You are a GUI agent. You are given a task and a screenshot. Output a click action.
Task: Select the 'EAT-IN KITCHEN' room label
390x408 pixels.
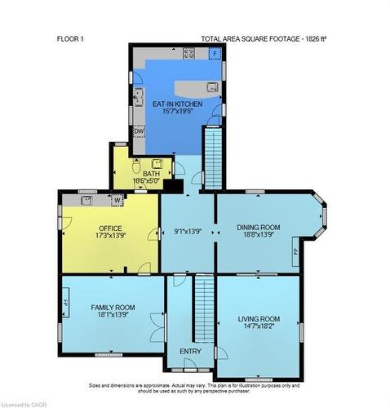click(175, 104)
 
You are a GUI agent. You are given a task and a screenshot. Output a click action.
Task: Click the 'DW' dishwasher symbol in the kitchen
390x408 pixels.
click(139, 131)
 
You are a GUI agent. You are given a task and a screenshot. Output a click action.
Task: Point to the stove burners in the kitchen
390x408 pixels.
click(188, 54)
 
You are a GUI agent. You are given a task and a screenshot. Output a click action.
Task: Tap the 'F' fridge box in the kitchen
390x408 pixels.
click(215, 54)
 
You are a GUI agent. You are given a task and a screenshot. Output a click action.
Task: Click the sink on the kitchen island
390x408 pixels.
click(211, 86)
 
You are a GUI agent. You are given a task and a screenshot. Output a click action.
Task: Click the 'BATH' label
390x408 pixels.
click(151, 173)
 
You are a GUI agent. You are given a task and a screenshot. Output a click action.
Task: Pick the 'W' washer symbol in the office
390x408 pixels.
click(117, 200)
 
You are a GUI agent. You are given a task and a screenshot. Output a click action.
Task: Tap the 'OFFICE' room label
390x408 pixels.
click(109, 228)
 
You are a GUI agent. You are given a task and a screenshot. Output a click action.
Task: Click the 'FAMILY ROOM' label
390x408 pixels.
click(113, 307)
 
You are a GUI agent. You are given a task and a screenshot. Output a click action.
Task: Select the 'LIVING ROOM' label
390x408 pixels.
click(259, 318)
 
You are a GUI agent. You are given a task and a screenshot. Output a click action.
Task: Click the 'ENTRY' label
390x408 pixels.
click(190, 351)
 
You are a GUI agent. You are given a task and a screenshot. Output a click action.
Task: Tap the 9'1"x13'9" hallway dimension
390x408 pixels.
click(187, 232)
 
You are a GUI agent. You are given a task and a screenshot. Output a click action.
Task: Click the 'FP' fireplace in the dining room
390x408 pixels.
click(295, 251)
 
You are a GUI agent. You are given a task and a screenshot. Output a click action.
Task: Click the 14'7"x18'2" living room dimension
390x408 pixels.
click(259, 327)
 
